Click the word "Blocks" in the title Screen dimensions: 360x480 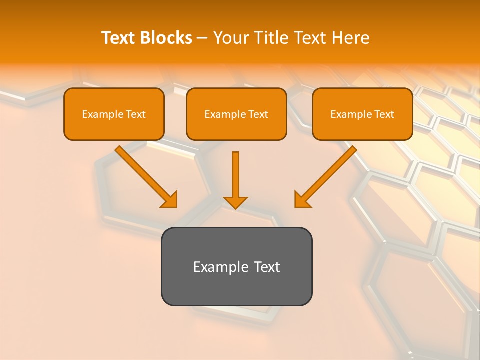click(x=166, y=38)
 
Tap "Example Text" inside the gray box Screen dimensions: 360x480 click(x=236, y=267)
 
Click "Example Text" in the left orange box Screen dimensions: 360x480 click(x=114, y=114)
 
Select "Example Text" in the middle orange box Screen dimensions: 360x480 click(x=236, y=114)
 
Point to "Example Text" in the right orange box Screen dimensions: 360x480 click(x=362, y=114)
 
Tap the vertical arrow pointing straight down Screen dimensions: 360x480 click(x=235, y=175)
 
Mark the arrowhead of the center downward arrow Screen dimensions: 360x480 click(x=235, y=202)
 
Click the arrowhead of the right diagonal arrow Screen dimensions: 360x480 click(x=302, y=200)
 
